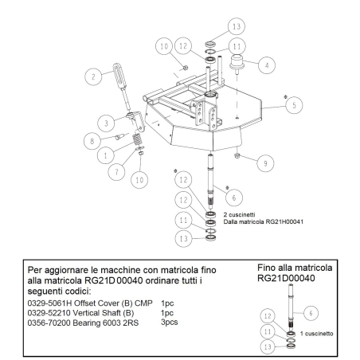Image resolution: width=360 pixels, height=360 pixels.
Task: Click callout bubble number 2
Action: (x=95, y=76)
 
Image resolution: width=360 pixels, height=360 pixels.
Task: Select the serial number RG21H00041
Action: (x=273, y=223)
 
